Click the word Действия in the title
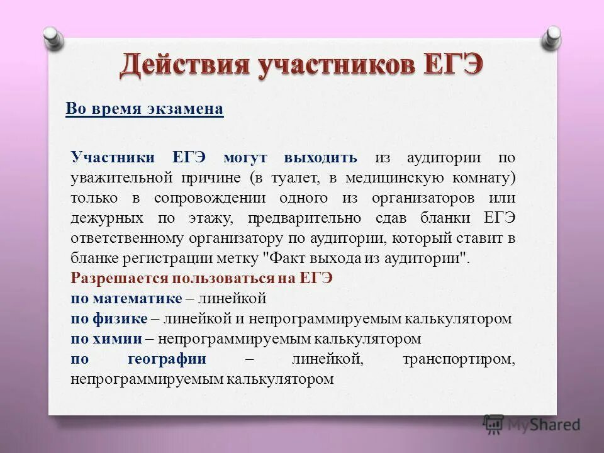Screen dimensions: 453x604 (183, 67)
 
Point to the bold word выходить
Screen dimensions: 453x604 (320, 157)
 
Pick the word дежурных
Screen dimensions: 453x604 (104, 218)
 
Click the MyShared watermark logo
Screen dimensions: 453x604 (532, 424)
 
